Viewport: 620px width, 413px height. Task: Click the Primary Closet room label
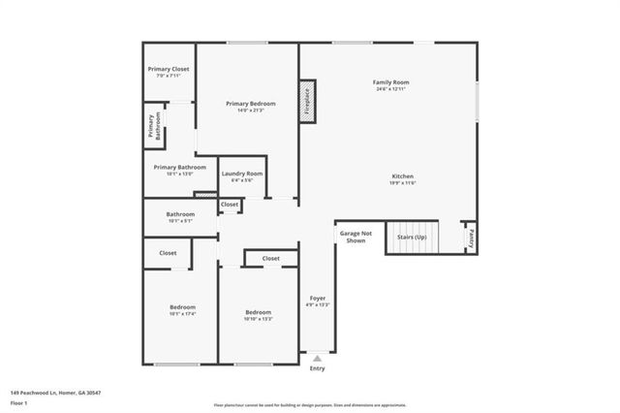(169, 69)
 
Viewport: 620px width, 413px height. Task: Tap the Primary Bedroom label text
(251, 104)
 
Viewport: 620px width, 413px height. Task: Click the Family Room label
(391, 82)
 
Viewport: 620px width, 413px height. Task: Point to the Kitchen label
(402, 176)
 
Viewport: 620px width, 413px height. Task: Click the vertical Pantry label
(470, 235)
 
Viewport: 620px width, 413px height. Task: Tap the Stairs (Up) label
(413, 236)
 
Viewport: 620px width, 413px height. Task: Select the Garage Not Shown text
(351, 238)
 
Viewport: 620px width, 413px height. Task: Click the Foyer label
(318, 298)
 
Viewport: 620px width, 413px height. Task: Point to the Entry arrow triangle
(318, 359)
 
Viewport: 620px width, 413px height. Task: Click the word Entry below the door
(318, 368)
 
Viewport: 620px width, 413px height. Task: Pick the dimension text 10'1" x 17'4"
(183, 314)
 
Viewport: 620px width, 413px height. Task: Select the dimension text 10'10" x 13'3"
(258, 319)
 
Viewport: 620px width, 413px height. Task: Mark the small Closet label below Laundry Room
(230, 205)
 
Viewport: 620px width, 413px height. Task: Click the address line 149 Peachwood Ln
(56, 393)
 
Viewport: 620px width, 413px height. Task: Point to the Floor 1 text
(18, 402)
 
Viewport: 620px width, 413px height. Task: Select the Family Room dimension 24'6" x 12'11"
(391, 89)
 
